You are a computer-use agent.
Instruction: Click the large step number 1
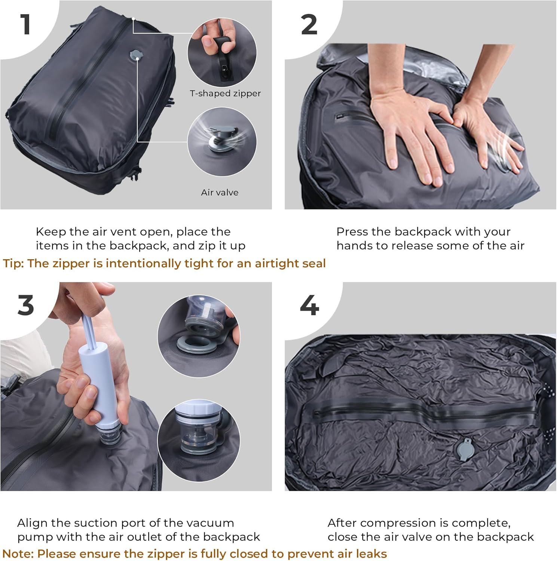coord(25,25)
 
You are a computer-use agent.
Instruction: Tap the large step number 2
coord(309,25)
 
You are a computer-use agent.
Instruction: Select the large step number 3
coord(25,305)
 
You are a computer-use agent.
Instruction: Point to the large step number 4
coord(309,305)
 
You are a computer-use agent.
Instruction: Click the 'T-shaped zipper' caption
coord(225,93)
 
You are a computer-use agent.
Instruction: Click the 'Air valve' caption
coord(220,193)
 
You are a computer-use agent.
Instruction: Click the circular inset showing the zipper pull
coord(222,52)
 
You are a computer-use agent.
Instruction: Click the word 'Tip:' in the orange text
coord(14,264)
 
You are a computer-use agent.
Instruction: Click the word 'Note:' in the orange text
coord(18,554)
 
